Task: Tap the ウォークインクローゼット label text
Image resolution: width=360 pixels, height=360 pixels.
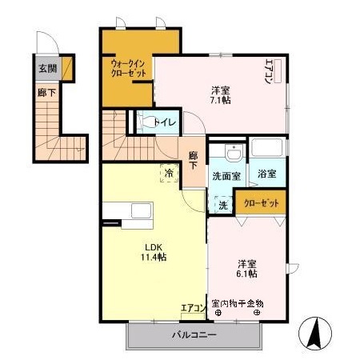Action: [127, 68]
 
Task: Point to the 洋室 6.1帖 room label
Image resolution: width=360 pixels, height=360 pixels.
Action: [246, 268]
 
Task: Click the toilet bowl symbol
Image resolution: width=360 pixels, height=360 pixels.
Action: [148, 122]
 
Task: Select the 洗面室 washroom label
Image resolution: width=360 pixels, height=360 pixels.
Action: [226, 175]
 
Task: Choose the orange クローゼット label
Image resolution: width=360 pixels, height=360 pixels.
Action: [261, 204]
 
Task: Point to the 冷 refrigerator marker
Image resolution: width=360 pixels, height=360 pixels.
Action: [169, 172]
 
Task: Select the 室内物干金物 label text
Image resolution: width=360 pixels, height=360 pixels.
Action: [238, 302]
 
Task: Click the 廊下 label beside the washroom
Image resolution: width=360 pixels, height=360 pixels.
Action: [194, 160]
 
